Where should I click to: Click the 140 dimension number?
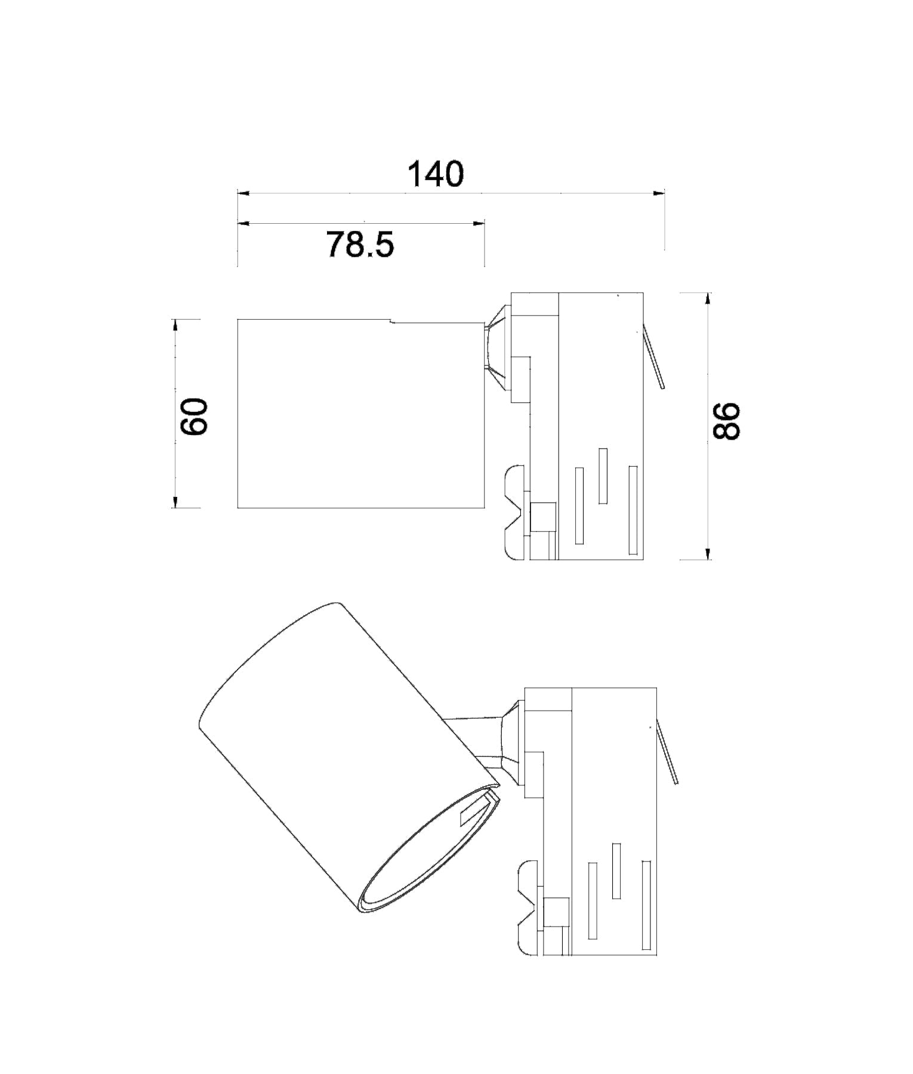pyautogui.click(x=435, y=174)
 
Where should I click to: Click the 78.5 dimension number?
pyautogui.click(x=360, y=244)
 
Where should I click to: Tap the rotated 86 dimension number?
pyautogui.click(x=727, y=421)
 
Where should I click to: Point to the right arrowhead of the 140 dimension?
pyautogui.click(x=659, y=193)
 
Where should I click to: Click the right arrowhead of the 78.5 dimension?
pyautogui.click(x=479, y=223)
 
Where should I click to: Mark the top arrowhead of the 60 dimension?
pyautogui.click(x=175, y=325)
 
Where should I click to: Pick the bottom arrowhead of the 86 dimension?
pyautogui.click(x=708, y=554)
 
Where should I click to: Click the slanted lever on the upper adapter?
pyautogui.click(x=653, y=358)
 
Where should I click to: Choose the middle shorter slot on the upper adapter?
pyautogui.click(x=603, y=476)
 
